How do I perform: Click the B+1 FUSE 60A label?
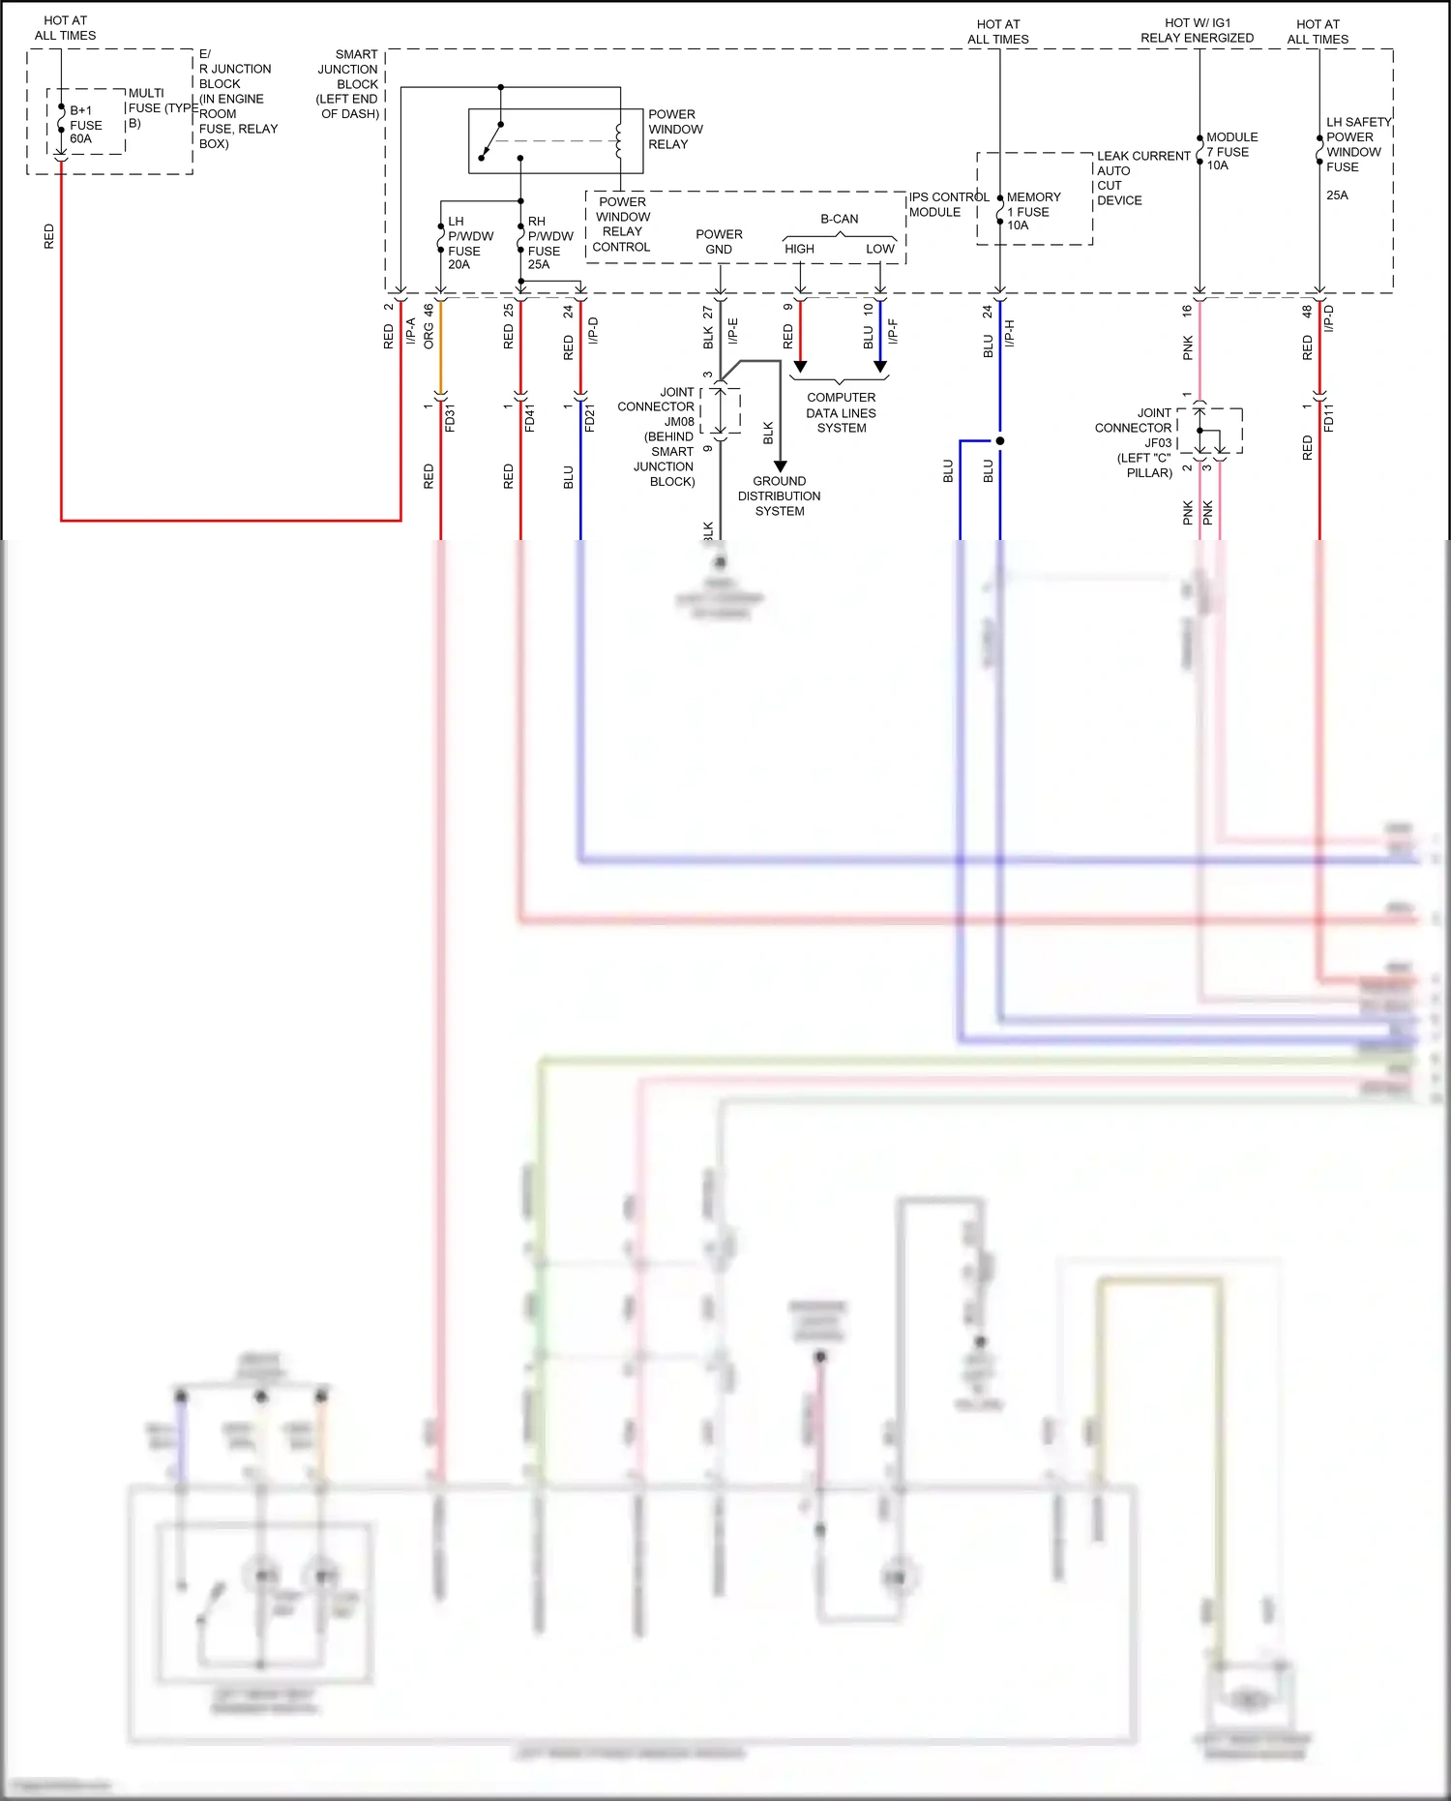coord(84,125)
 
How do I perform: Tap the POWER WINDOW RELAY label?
coord(674,129)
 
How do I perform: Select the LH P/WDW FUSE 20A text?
coord(469,243)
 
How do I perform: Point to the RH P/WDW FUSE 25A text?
coord(549,243)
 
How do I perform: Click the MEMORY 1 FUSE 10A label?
coord(1032,211)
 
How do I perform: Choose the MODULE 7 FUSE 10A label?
coord(1230,152)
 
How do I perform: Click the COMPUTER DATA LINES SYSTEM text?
coord(841,412)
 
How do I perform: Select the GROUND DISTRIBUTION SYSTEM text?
coord(779,495)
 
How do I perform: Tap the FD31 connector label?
coord(450,418)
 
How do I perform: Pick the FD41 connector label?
coord(530,418)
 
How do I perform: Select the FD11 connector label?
coord(1328,417)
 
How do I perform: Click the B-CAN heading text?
coord(839,219)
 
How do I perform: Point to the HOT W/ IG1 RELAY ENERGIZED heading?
coord(1197,30)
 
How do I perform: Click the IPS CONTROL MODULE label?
coord(946,204)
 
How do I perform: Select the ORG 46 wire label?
coord(429,327)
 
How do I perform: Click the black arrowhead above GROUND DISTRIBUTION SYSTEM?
coord(780,466)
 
